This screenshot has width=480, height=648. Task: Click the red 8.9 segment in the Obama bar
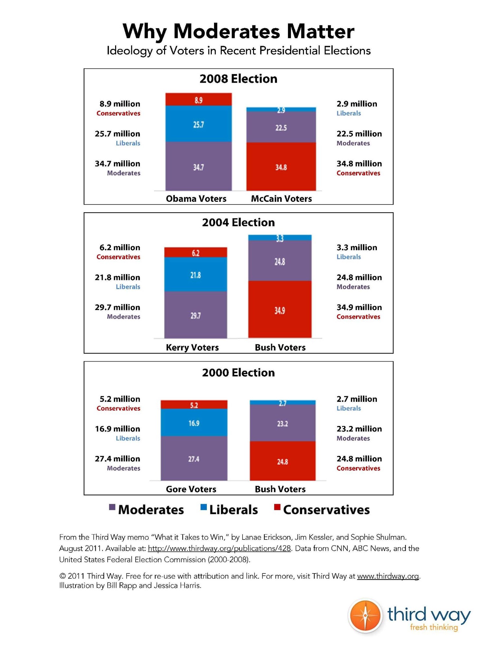[x=198, y=99]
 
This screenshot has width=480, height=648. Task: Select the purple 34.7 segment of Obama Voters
[x=198, y=166]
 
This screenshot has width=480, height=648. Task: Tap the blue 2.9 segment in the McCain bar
[x=281, y=110]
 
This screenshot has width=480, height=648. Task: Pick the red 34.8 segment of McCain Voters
[x=281, y=167]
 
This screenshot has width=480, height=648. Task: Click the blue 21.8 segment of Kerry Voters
[x=196, y=275]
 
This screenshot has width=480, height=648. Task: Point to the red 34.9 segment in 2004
[x=280, y=310]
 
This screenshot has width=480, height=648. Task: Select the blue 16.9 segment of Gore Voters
[x=194, y=422]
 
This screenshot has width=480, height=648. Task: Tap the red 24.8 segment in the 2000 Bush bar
[x=282, y=461]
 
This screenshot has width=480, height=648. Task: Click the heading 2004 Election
[x=238, y=223]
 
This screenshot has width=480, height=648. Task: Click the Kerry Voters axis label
[x=192, y=347]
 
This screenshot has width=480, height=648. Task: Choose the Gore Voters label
[x=191, y=489]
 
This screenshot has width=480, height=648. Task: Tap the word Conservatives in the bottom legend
[x=326, y=510]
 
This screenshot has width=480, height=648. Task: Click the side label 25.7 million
[x=117, y=134]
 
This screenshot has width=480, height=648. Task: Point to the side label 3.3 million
[x=357, y=248]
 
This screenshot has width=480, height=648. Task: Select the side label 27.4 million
[x=117, y=459]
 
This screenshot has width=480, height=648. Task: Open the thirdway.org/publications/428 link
[x=220, y=549]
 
